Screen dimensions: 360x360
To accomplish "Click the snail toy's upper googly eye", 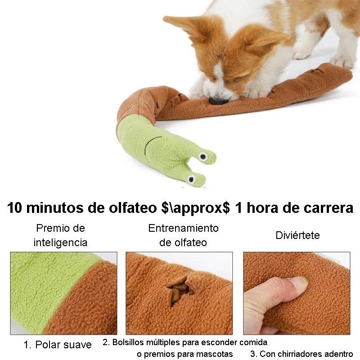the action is click(203, 157).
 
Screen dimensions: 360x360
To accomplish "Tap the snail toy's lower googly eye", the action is click(191, 179).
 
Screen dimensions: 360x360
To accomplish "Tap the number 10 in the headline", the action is click(14, 208).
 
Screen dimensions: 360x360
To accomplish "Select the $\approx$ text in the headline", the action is click(195, 208).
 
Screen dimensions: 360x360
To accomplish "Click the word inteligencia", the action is click(60, 243).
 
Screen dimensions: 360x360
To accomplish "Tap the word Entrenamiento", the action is click(183, 228).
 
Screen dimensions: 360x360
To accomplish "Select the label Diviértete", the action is click(297, 235).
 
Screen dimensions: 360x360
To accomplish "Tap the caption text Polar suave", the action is click(63, 345).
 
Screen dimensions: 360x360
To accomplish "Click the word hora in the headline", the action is click(263, 208).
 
